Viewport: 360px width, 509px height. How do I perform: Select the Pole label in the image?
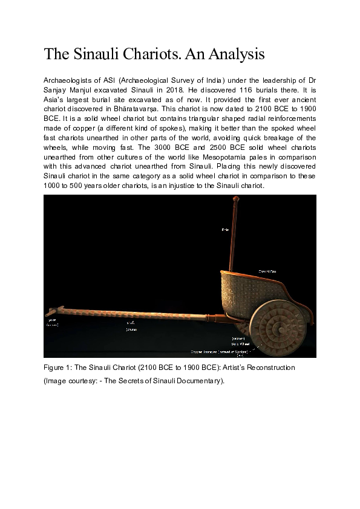224,230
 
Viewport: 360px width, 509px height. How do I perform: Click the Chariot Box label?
267,272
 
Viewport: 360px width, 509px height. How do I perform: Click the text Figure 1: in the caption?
57,368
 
